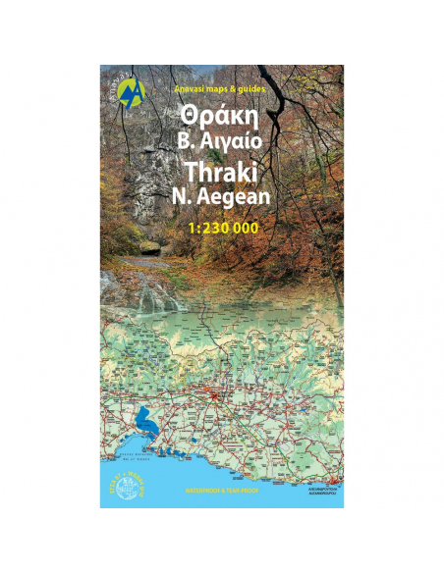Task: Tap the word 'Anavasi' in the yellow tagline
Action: coord(190,89)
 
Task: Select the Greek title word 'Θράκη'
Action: coord(220,116)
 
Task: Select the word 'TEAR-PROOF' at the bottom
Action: coord(242,489)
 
